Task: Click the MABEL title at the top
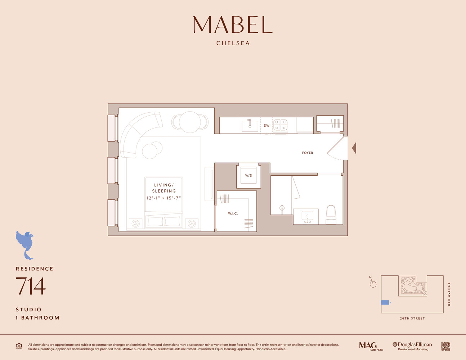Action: pyautogui.click(x=233, y=25)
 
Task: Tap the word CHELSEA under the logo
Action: pyautogui.click(x=233, y=43)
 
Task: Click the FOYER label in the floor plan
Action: pyautogui.click(x=307, y=153)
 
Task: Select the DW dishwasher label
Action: pyautogui.click(x=266, y=126)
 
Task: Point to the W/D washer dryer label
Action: pyautogui.click(x=248, y=176)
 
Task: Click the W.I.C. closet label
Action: pyautogui.click(x=233, y=213)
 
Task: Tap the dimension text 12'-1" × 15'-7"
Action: pyautogui.click(x=164, y=198)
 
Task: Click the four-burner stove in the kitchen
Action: pyautogui.click(x=280, y=125)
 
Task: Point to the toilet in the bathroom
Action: pyautogui.click(x=331, y=215)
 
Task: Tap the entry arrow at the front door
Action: pyautogui.click(x=354, y=148)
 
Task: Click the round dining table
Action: pyautogui.click(x=190, y=122)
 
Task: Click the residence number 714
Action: pyautogui.click(x=31, y=286)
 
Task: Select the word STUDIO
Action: pyautogui.click(x=29, y=310)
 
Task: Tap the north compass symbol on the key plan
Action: pyautogui.click(x=373, y=284)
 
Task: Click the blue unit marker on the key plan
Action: pyautogui.click(x=385, y=302)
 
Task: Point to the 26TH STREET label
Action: pyautogui.click(x=412, y=318)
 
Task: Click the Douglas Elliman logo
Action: pyautogui.click(x=412, y=346)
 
